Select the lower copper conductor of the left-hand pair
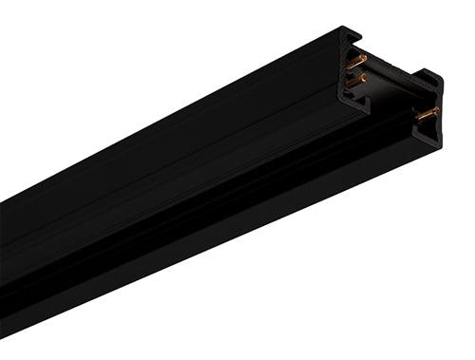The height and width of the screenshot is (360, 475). coord(357,82)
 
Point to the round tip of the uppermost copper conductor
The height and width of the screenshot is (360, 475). coord(365,58)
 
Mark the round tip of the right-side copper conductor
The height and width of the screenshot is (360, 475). coord(436,110)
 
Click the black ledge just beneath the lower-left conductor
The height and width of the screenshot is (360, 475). coord(359,92)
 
